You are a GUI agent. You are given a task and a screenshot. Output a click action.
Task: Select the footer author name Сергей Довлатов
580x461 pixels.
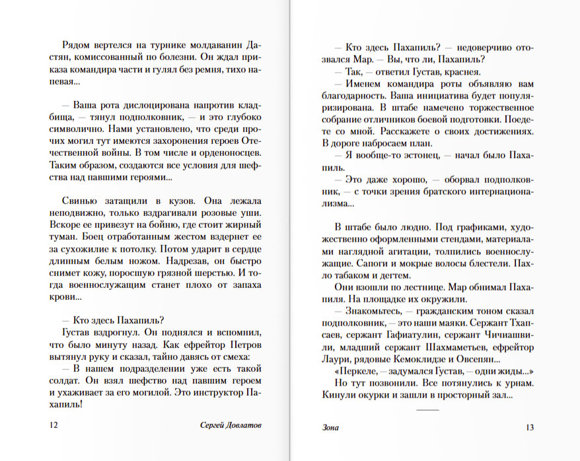click(230, 425)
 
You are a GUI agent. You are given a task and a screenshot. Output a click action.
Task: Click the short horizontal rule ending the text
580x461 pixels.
click(428, 410)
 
